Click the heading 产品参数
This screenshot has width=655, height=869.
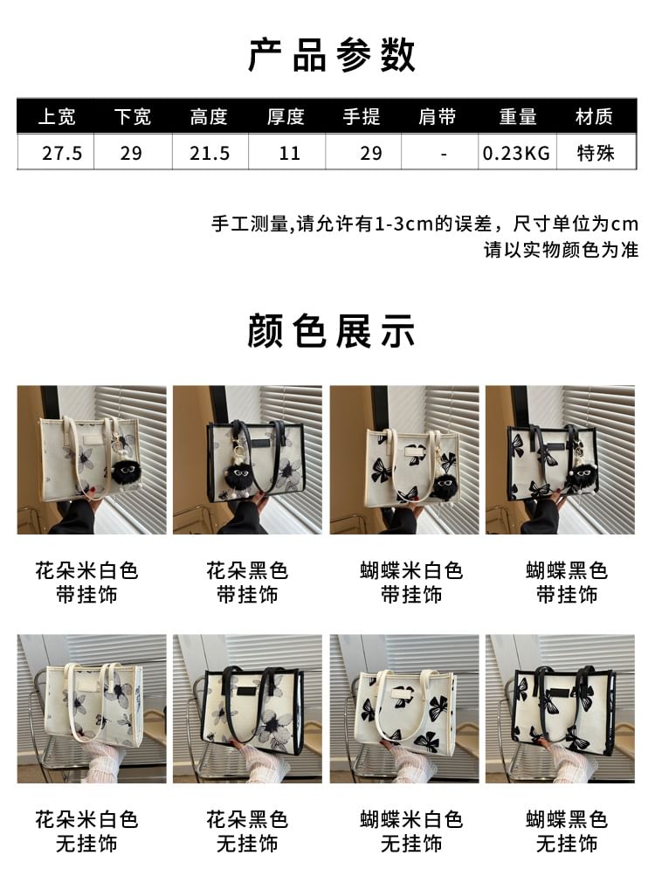click(331, 55)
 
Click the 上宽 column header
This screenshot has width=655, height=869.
click(57, 117)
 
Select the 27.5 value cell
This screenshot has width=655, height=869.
click(62, 154)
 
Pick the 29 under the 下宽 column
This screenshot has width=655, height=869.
click(131, 154)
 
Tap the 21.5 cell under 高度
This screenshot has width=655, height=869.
click(210, 154)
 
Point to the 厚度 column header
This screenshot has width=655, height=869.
click(286, 117)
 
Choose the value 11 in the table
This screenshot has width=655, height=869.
click(289, 154)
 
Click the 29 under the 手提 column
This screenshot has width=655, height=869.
click(371, 154)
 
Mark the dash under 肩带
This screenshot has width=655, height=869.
click(444, 154)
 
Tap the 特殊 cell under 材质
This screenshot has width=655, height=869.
click(596, 154)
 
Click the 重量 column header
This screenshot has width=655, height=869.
click(517, 117)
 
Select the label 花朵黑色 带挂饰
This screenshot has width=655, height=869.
click(247, 583)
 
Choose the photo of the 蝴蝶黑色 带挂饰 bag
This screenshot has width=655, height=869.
click(560, 460)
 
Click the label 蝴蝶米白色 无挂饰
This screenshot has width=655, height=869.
click(410, 831)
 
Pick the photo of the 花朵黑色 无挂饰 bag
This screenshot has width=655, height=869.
click(247, 708)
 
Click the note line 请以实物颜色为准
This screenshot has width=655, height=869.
click(561, 250)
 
